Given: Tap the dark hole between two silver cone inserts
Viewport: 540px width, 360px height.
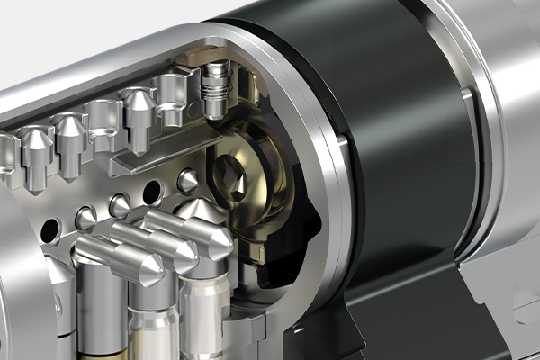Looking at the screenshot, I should (x=153, y=191).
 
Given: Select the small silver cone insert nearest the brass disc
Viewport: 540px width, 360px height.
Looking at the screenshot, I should (x=188, y=181).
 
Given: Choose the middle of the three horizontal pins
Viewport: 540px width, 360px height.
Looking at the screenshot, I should (x=153, y=243).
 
